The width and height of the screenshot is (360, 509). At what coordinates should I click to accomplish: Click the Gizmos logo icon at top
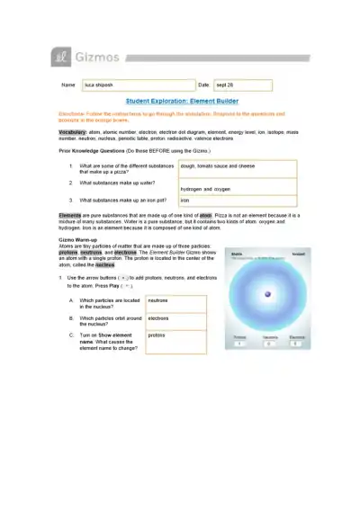click(58, 58)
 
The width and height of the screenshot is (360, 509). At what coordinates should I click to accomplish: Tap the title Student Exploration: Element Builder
click(179, 103)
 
